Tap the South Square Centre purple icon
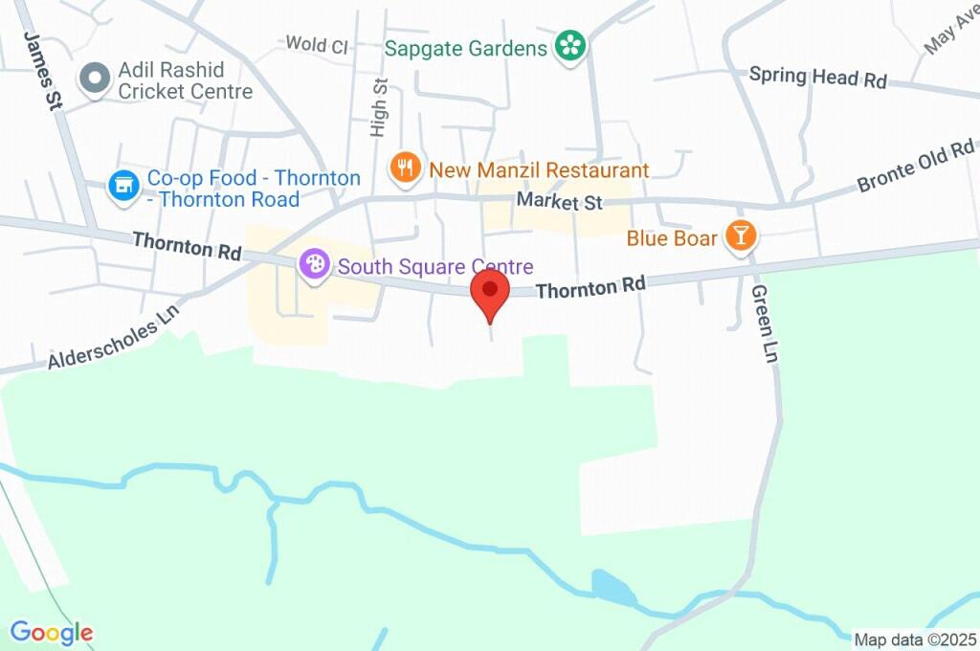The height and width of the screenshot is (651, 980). click(314, 265)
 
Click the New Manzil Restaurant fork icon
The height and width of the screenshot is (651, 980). click(406, 169)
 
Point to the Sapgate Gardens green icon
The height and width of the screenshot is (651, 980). click(571, 46)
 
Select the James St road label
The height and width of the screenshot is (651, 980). click(44, 72)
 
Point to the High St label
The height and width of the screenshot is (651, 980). click(380, 106)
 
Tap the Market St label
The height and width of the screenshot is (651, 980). click(560, 202)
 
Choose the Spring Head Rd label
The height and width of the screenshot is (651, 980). click(818, 77)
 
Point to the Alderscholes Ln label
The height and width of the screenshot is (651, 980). click(114, 338)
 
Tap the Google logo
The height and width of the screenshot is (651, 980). click(52, 633)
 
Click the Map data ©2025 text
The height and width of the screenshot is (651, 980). click(915, 640)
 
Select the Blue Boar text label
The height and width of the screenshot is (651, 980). click(672, 237)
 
